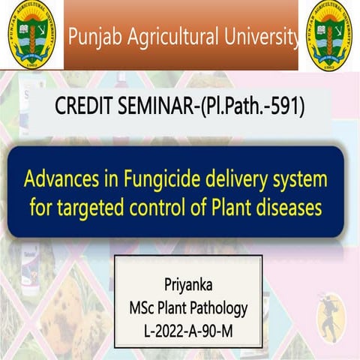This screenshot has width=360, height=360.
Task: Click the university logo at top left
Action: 31,34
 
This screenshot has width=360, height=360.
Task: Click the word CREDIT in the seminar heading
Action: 84,108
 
